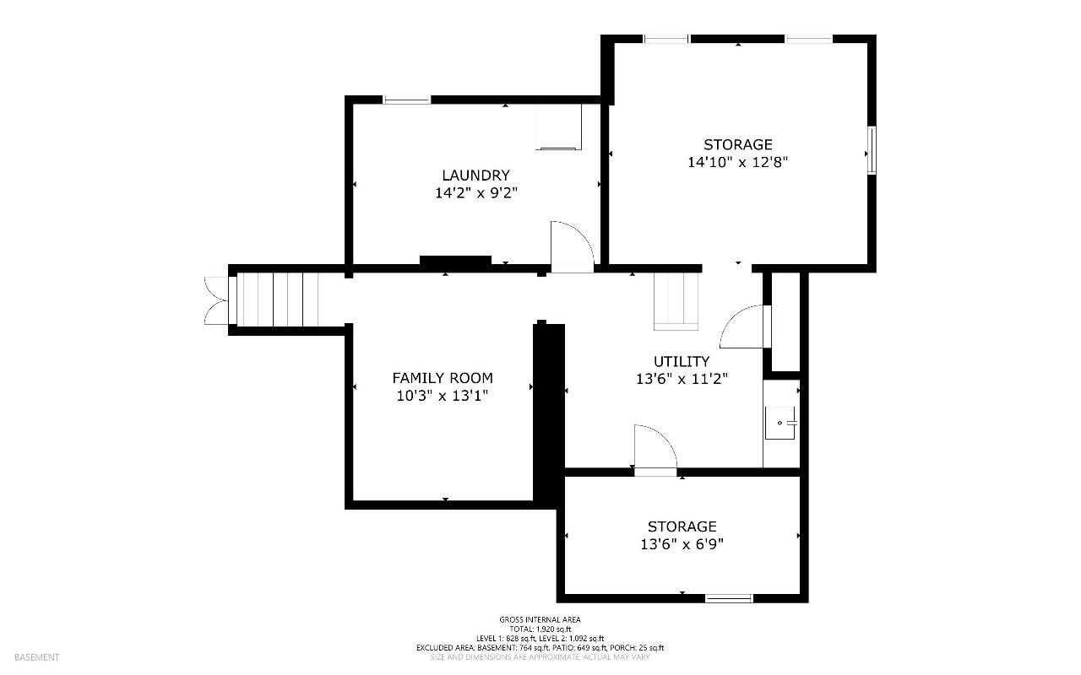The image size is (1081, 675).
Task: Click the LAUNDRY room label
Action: pos(475,175)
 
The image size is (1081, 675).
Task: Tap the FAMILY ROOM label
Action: pos(443,378)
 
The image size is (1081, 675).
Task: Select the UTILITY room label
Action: pos(682,361)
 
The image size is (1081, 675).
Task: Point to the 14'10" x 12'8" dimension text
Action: pos(737,162)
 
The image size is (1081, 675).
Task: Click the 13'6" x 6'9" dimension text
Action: pos(682,544)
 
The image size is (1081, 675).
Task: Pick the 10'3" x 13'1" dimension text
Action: pos(443,396)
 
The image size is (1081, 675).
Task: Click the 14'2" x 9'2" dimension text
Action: pos(476,193)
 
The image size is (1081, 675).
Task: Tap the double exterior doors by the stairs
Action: pos(215,300)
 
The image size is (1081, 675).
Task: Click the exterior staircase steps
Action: pos(278,300)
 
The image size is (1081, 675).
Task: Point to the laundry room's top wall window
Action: pos(407,100)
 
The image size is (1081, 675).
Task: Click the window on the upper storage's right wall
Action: pos(872,150)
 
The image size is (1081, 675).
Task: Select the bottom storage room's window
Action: pos(729,598)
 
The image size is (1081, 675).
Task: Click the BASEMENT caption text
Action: pos(36,657)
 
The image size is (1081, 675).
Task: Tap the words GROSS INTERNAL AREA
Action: pos(540,619)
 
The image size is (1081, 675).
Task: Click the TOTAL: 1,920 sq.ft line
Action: pos(540,629)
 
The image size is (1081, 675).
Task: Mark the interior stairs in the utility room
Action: pos(676,302)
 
